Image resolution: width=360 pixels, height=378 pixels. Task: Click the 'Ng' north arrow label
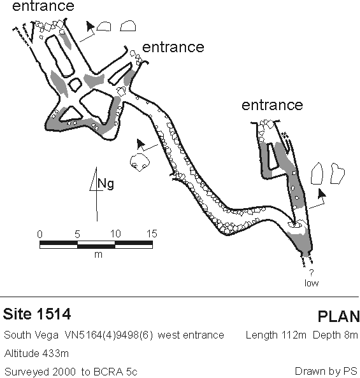106,184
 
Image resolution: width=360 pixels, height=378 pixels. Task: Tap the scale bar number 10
115,234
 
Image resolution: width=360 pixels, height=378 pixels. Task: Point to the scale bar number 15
152,234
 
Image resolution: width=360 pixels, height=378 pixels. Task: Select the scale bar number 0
40,234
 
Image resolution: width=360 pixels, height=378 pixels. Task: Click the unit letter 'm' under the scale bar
98,255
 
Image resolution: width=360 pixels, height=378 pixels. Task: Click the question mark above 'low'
312,273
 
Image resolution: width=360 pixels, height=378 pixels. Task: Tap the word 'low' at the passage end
312,283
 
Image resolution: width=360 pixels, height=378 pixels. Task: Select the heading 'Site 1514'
37,314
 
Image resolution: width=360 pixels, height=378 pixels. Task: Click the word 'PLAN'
338,316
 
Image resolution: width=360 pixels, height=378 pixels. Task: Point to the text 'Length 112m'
276,335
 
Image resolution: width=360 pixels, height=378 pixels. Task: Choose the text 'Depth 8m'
335,335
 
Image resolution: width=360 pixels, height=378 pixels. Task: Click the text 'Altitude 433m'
36,353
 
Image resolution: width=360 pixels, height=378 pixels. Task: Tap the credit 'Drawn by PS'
326,372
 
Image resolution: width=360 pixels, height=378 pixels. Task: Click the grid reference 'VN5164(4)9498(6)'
109,335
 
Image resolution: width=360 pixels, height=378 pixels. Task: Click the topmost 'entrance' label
43,6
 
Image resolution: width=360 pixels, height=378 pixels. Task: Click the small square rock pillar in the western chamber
75,85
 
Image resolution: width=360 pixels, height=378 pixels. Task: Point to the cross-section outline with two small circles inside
140,162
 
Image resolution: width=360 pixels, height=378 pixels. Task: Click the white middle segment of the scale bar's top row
96,242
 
